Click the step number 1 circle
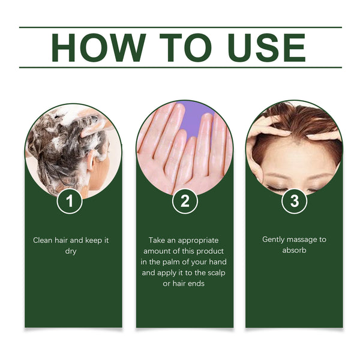[70, 201]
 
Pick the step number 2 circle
[185, 201]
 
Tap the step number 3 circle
[294, 201]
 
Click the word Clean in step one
[43, 240]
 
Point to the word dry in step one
[71, 251]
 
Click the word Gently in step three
[274, 239]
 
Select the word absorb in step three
[294, 250]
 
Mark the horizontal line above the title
[180, 27]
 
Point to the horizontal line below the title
[180, 67]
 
